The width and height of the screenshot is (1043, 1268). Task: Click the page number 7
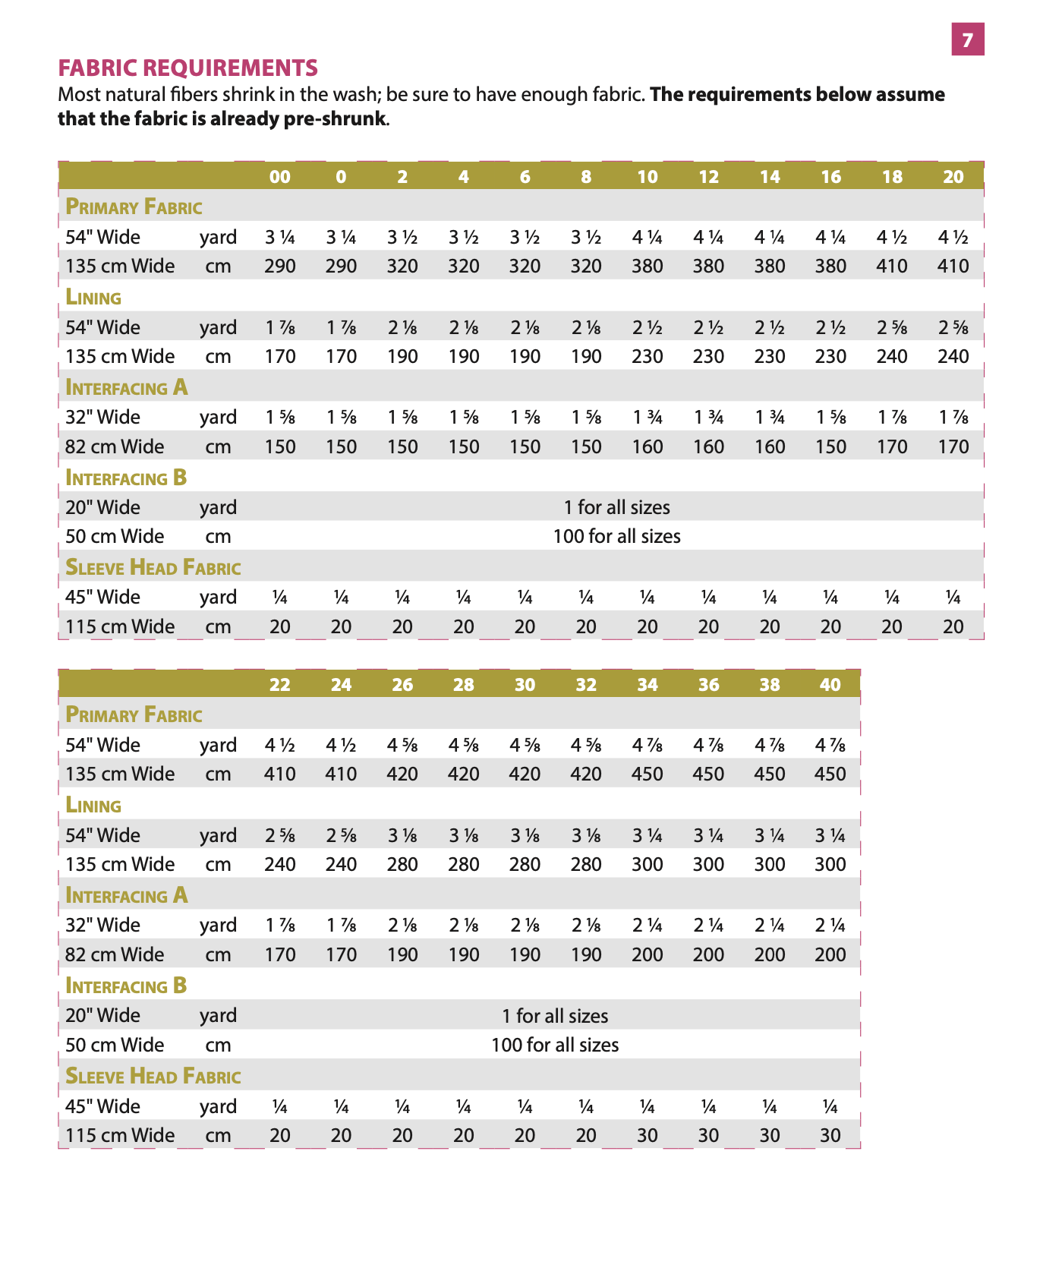[x=967, y=39]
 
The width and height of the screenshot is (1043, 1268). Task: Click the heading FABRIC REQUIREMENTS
[x=187, y=68]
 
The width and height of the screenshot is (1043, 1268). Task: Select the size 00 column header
[x=280, y=177]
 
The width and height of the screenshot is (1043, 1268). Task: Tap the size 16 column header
[x=830, y=177]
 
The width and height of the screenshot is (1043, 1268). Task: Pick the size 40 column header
[x=830, y=685]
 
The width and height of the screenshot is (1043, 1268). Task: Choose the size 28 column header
[x=463, y=685]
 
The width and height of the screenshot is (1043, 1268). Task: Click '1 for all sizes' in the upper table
[x=616, y=507]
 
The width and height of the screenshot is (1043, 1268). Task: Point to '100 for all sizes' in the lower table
[x=554, y=1045]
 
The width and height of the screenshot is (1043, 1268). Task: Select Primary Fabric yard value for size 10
[x=647, y=237]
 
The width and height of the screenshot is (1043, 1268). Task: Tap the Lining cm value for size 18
[x=891, y=356]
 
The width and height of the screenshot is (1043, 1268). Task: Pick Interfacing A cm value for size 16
[x=830, y=446]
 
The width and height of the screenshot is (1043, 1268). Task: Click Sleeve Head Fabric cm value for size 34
[x=647, y=1135]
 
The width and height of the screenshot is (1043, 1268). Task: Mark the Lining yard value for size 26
[x=402, y=835]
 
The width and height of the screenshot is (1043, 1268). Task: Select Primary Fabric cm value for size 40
[x=830, y=774]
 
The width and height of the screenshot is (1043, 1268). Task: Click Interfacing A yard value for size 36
[x=708, y=925]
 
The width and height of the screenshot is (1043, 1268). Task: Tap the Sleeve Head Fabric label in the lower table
[x=153, y=1076]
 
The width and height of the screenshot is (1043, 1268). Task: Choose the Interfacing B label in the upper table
[x=126, y=478]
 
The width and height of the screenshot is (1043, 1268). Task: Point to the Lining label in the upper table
[x=93, y=297]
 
